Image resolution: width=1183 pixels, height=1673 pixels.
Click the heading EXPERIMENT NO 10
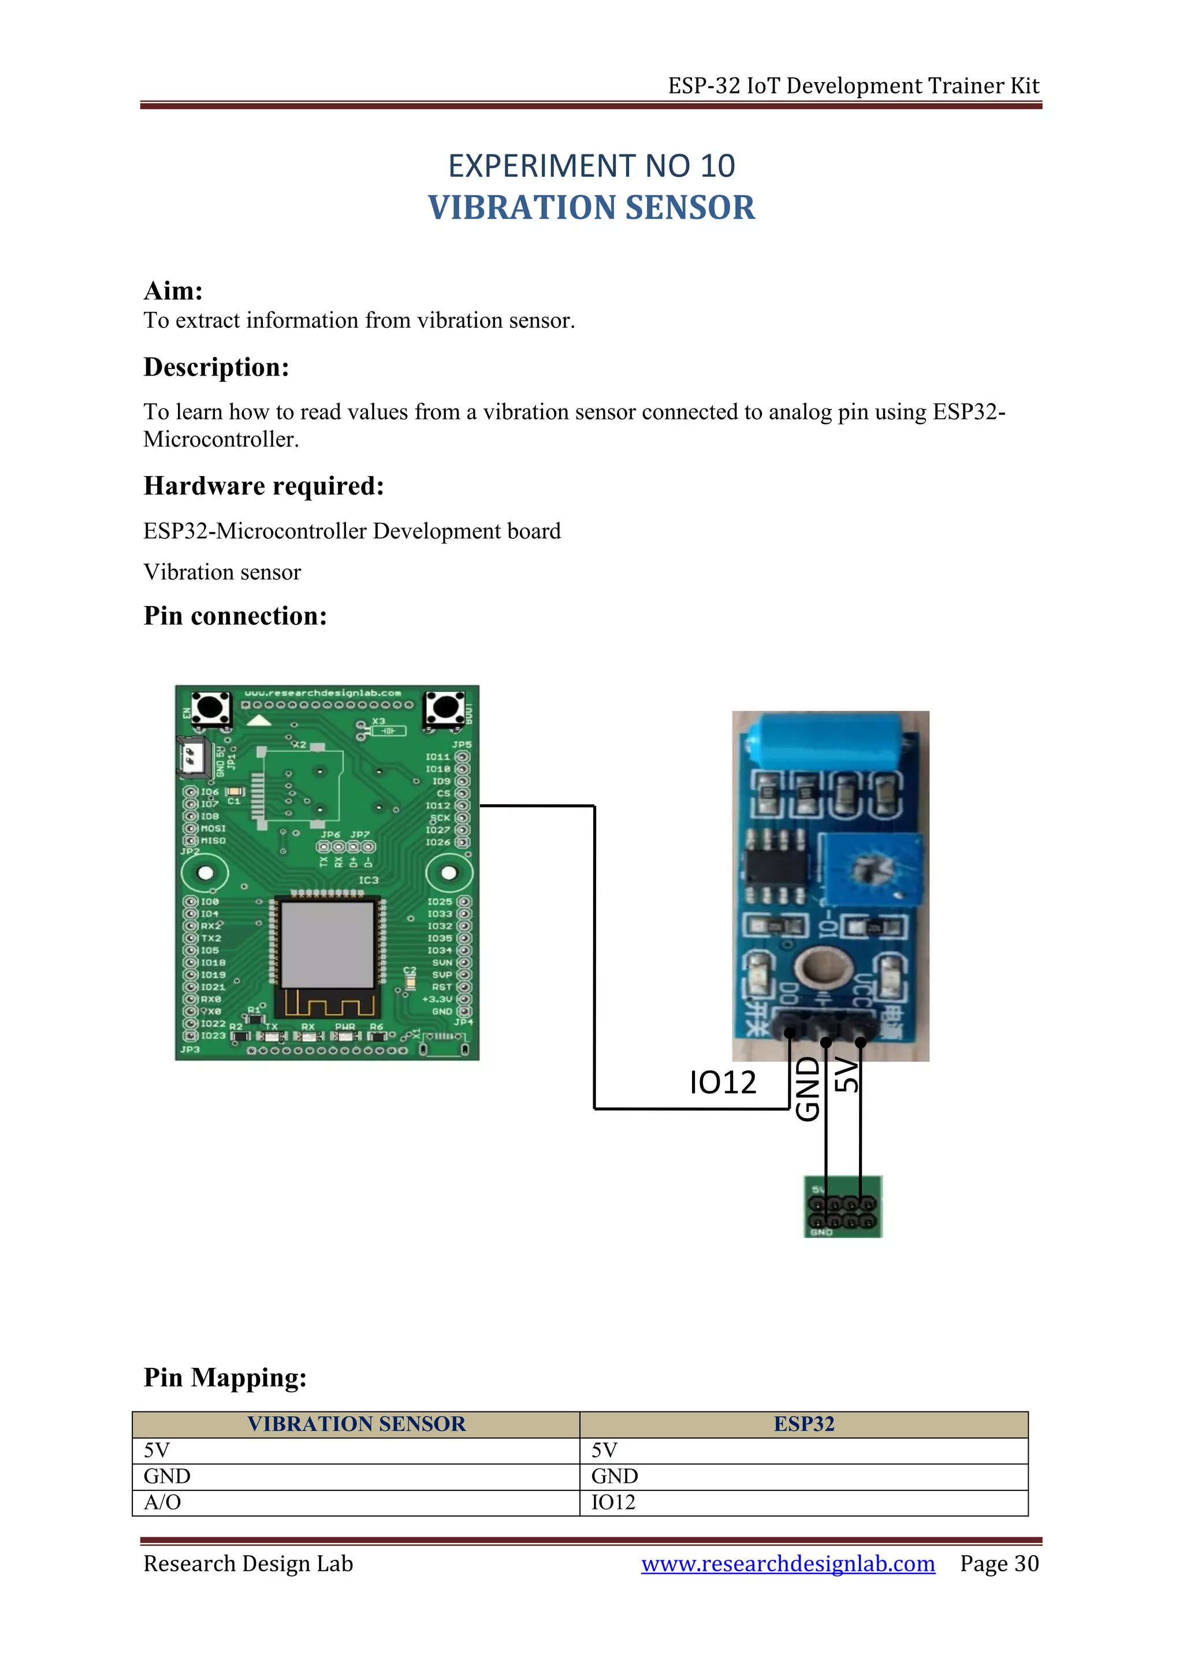pyautogui.click(x=591, y=166)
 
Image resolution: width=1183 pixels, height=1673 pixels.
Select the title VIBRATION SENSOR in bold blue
pyautogui.click(x=591, y=209)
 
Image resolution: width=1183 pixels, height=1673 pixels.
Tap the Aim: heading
pyautogui.click(x=173, y=291)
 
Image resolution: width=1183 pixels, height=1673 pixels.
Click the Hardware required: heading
pyautogui.click(x=264, y=486)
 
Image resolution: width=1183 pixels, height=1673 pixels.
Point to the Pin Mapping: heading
pyautogui.click(x=225, y=1377)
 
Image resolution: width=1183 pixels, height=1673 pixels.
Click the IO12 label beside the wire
pyautogui.click(x=723, y=1083)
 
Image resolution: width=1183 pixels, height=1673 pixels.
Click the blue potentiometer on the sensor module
pyautogui.click(x=871, y=869)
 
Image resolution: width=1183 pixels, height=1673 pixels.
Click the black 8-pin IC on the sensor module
pyautogui.click(x=776, y=865)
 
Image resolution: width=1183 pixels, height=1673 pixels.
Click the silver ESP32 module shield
pyautogui.click(x=327, y=945)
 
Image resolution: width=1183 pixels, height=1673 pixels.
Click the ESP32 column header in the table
pyautogui.click(x=803, y=1424)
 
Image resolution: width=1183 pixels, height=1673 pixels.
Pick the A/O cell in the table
pyautogui.click(x=162, y=1503)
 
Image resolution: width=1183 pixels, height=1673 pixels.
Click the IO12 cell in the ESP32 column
pyautogui.click(x=613, y=1503)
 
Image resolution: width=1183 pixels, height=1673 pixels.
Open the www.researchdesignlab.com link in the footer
pyautogui.click(x=787, y=1564)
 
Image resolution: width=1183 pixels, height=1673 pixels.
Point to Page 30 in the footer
pyautogui.click(x=999, y=1564)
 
